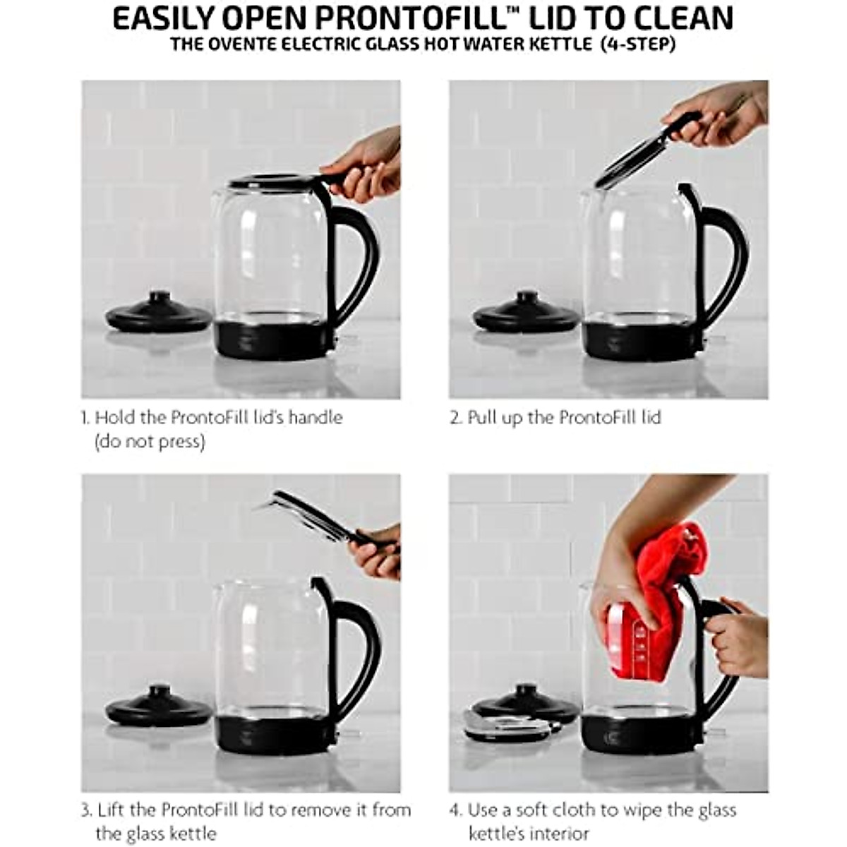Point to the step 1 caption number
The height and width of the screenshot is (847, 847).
(x=85, y=418)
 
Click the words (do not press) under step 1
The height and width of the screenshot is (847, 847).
(x=150, y=442)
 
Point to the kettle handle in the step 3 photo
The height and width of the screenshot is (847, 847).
(x=360, y=649)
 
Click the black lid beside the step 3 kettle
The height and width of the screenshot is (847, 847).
(x=159, y=707)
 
